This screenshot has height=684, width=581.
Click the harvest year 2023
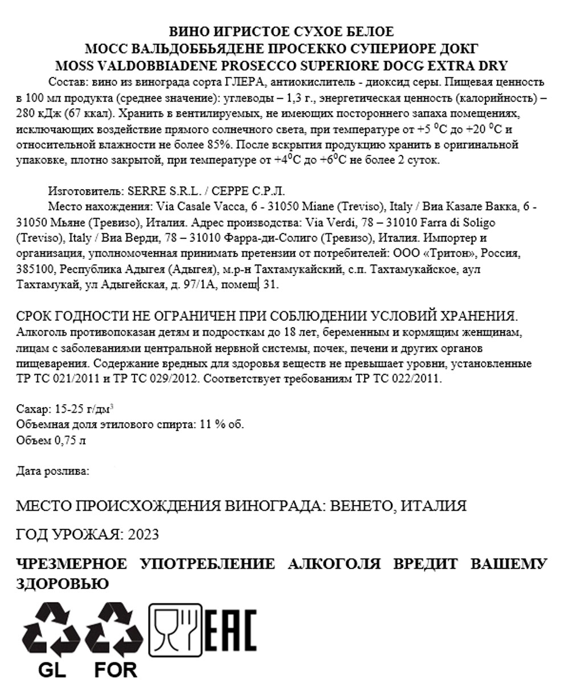pos(144,535)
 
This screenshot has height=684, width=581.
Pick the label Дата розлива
pos(52,471)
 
